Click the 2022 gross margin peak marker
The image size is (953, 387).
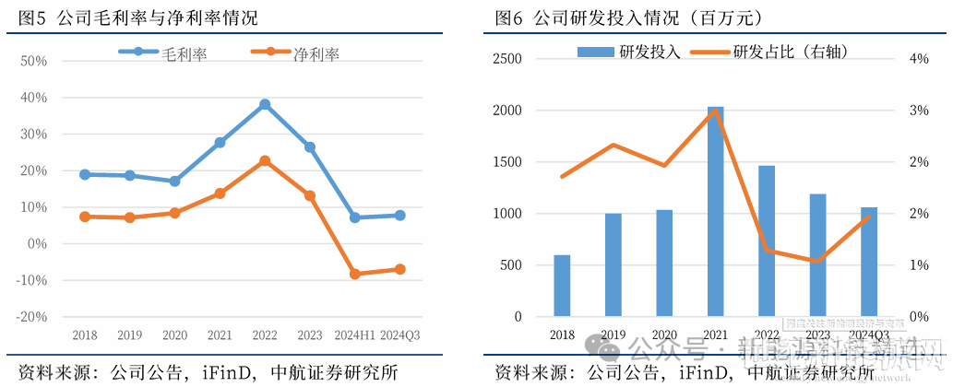pos(265,105)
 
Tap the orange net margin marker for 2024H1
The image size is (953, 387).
pos(354,274)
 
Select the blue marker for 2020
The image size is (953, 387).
pos(174,182)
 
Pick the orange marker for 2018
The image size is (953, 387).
pos(85,217)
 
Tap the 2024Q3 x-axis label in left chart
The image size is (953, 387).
pos(399,334)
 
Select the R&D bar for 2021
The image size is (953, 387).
pos(715,212)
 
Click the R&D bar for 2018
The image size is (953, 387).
pos(562,286)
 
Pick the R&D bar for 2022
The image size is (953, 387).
pos(766,241)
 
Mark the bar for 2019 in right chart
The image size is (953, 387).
pos(613,265)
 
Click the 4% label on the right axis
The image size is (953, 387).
pos(918,59)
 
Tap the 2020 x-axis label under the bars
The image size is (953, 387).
pos(664,334)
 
